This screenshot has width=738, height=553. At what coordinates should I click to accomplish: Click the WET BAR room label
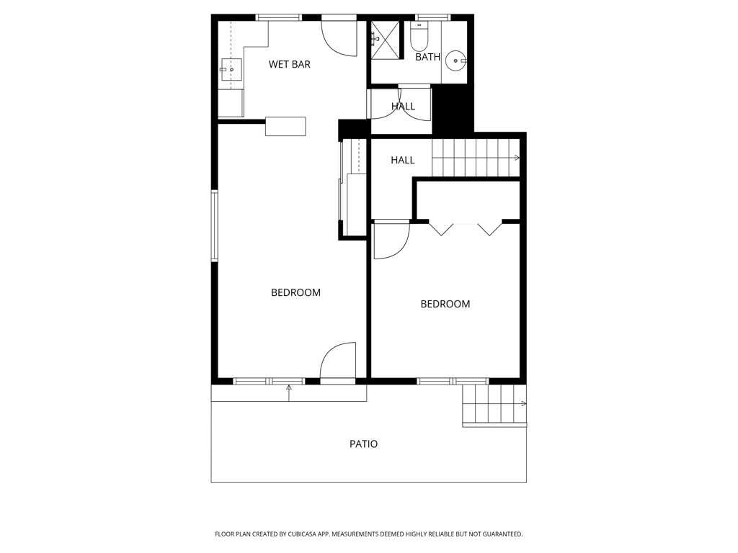[x=290, y=64]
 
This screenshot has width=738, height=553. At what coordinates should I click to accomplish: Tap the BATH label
[x=428, y=57]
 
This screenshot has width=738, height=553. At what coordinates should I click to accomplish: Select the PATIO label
[x=363, y=444]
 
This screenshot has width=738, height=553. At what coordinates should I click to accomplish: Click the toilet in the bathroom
[x=418, y=37]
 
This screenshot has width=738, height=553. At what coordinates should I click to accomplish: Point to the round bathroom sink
[x=456, y=60]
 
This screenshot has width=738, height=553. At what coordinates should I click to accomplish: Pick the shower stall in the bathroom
[x=386, y=40]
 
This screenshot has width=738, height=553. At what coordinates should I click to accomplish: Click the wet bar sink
[x=231, y=70]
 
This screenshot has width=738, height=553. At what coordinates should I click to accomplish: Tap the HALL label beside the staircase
[x=402, y=161]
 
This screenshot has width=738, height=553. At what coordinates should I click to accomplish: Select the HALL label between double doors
[x=403, y=107]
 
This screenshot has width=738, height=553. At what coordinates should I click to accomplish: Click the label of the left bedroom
[x=295, y=292]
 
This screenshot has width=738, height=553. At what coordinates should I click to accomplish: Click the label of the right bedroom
[x=445, y=304]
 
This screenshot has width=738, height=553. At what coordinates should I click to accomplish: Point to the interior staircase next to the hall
[x=476, y=158]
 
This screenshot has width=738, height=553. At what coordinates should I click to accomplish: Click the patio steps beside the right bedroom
[x=494, y=405]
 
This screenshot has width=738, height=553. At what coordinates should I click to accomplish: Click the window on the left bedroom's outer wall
[x=215, y=225]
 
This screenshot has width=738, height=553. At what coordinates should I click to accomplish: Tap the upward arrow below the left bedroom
[x=288, y=393]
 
